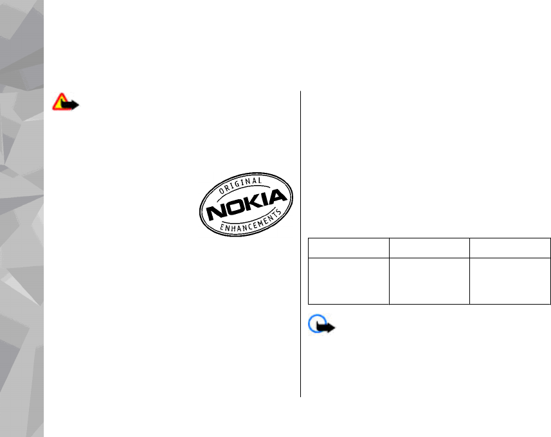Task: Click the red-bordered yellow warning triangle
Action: point(62,102)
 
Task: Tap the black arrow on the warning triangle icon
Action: point(71,105)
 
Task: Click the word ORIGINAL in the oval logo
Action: point(238,184)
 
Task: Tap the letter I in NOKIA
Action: point(262,199)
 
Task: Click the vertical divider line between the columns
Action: point(301,244)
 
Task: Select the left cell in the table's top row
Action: point(348,248)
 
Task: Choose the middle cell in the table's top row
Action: point(429,248)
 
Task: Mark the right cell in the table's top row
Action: point(510,248)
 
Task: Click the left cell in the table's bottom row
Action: point(348,281)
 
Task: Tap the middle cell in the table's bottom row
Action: point(429,281)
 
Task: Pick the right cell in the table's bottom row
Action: point(510,281)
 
